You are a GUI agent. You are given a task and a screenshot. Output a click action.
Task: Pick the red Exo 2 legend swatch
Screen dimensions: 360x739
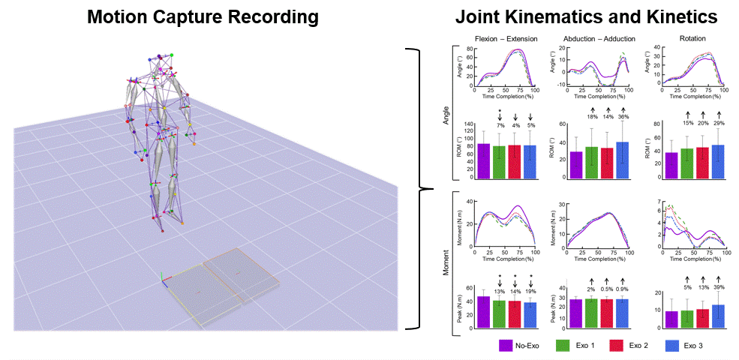click(617, 346)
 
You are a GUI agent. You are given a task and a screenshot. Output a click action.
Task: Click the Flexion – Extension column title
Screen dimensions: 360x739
click(503, 38)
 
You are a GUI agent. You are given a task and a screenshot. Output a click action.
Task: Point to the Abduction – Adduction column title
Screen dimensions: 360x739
click(598, 38)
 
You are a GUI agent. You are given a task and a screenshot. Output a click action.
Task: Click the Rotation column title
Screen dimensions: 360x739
click(692, 38)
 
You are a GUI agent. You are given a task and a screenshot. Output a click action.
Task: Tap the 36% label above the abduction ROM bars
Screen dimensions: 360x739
click(623, 116)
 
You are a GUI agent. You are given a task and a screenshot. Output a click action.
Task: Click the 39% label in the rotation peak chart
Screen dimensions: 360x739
click(719, 287)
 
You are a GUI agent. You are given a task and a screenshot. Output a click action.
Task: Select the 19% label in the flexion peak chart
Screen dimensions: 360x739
click(530, 291)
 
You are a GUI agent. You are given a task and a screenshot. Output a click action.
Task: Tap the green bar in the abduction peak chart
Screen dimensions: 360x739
click(591, 313)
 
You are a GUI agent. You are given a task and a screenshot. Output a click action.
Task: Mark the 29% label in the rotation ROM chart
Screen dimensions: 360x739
click(719, 122)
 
